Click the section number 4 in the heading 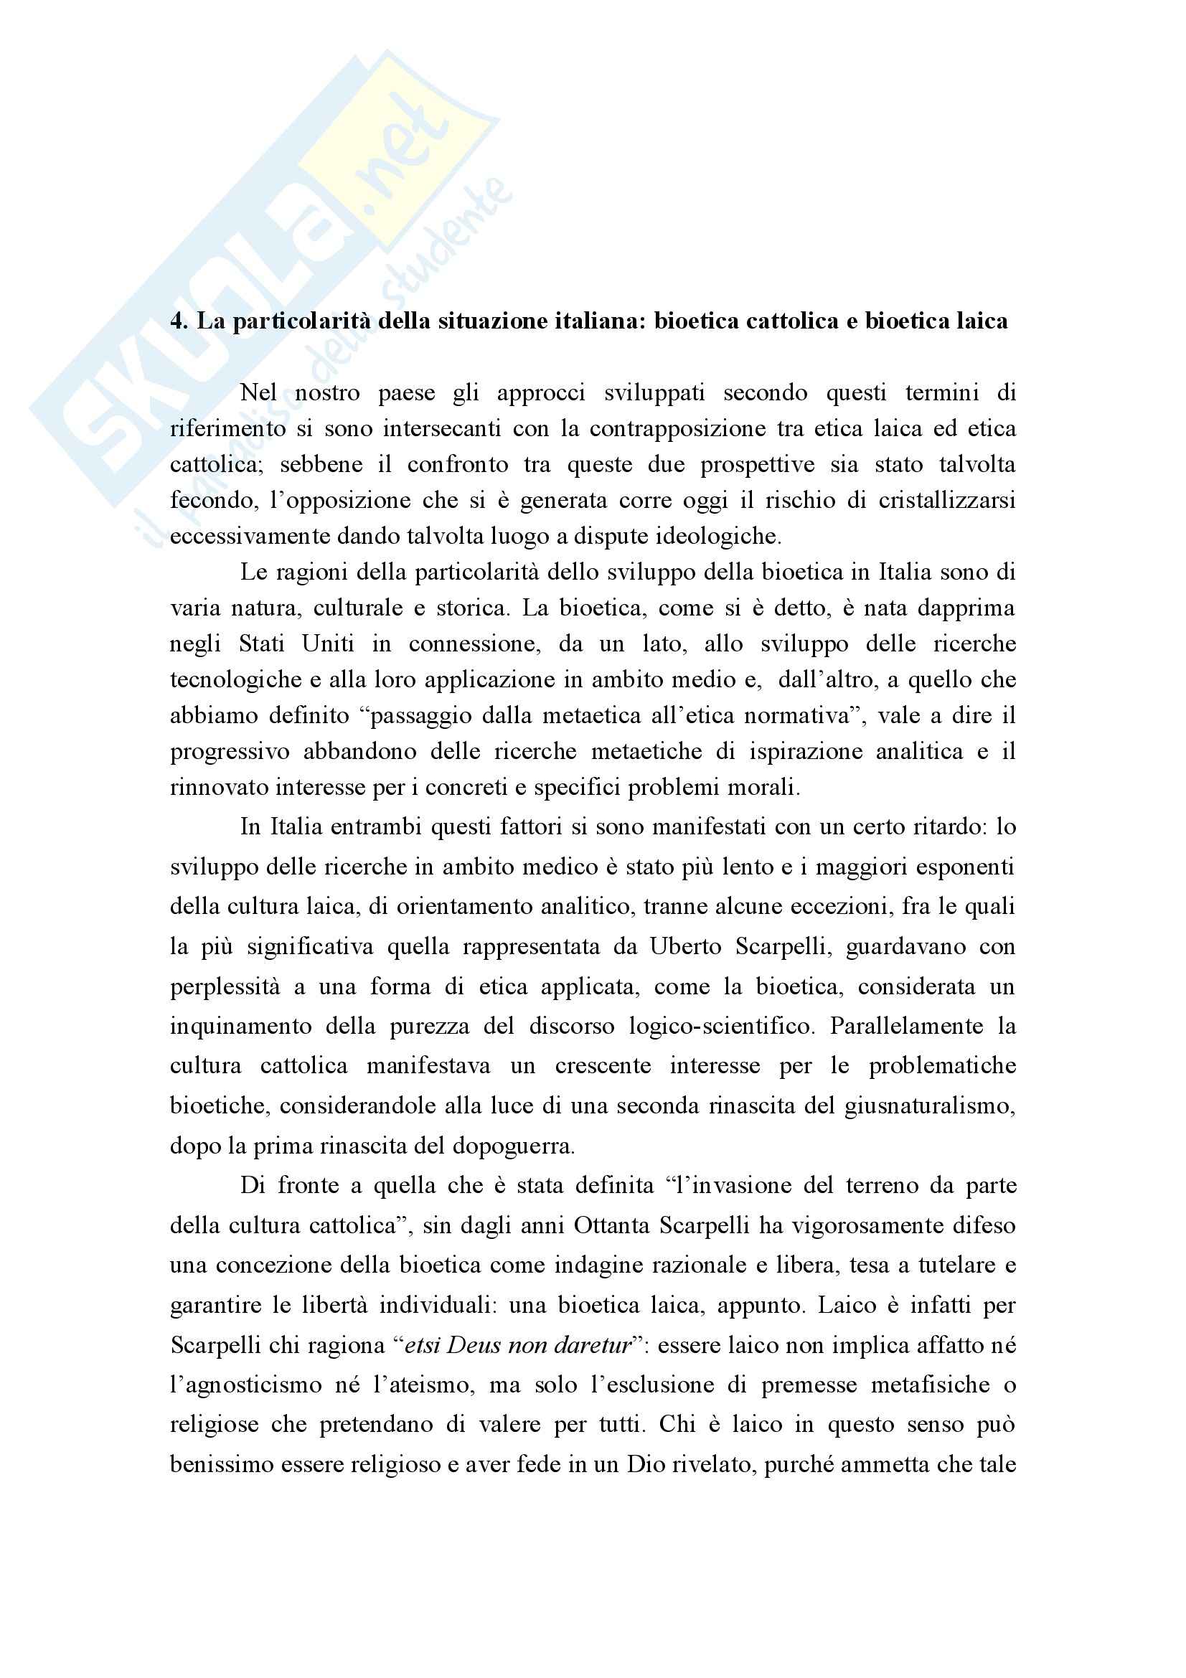point(175,321)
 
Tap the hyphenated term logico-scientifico point(720,1026)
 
